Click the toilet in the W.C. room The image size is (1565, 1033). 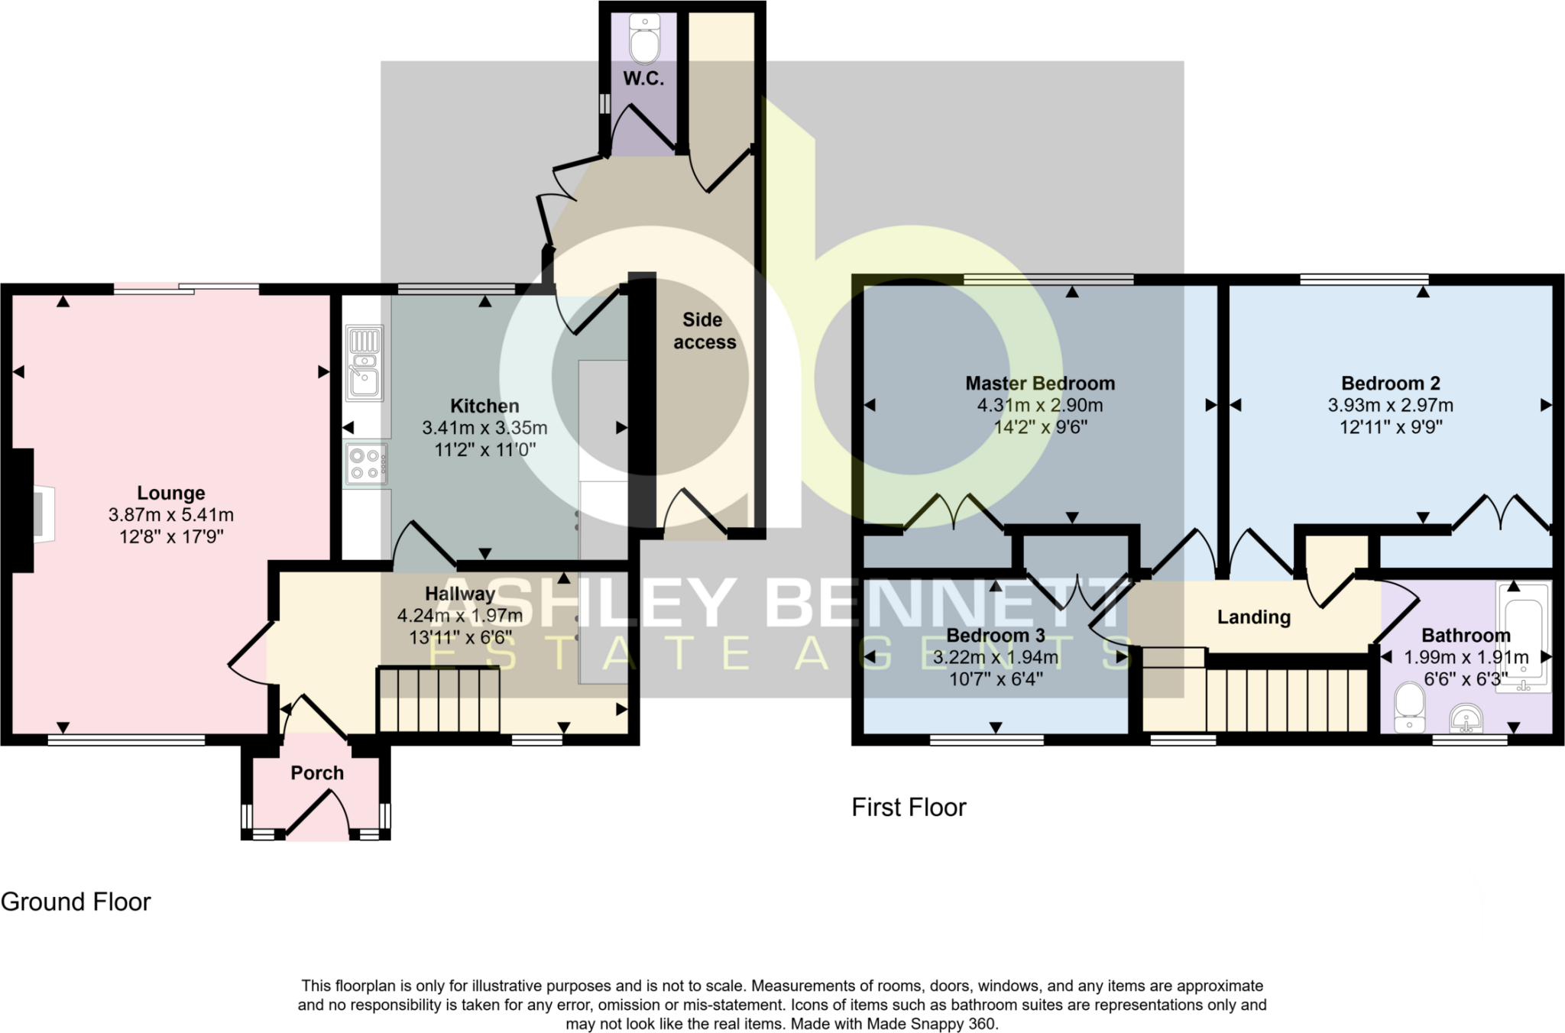click(644, 38)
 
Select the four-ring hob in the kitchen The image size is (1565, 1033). click(366, 465)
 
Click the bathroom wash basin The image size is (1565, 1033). click(1466, 718)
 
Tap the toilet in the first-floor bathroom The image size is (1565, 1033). click(1409, 708)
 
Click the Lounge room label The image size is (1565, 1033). click(171, 493)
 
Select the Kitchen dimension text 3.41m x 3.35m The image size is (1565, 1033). click(485, 428)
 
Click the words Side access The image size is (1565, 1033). click(704, 331)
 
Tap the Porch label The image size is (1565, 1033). click(317, 773)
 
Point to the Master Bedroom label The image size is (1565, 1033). click(1040, 384)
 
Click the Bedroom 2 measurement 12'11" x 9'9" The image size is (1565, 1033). click(1391, 427)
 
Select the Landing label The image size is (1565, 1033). click(1254, 617)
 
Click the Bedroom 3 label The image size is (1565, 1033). click(996, 636)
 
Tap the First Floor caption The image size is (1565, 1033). click(909, 808)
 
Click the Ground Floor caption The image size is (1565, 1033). click(76, 902)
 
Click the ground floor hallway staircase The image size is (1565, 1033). click(439, 700)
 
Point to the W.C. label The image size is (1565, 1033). click(643, 79)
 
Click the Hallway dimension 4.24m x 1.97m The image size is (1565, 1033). click(460, 616)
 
